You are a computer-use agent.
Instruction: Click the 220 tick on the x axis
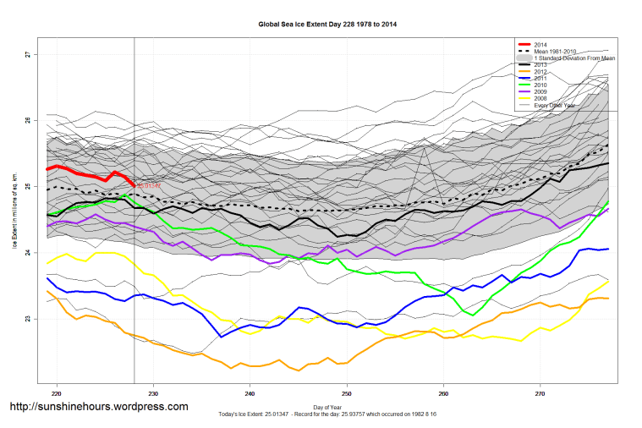[57, 393]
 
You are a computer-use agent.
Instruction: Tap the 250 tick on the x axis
[347, 393]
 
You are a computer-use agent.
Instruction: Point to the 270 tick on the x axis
[540, 393]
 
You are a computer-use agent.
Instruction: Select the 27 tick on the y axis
[27, 55]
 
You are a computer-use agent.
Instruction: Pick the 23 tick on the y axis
[27, 319]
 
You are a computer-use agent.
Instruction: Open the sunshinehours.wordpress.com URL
[98, 407]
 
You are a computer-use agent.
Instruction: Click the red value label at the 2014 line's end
[148, 185]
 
